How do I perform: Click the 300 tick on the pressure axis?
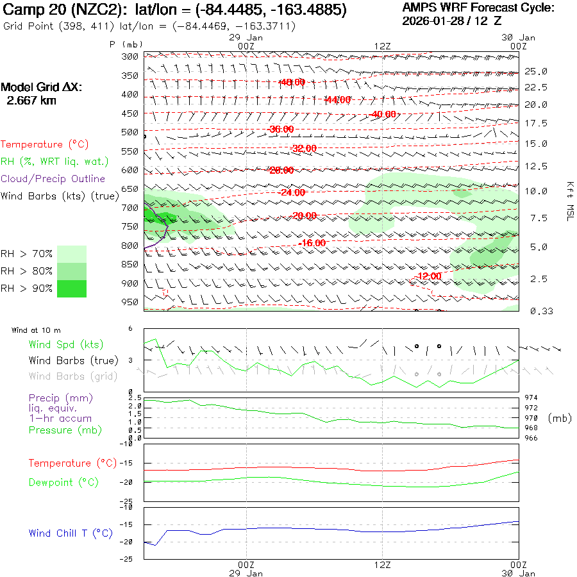pyautogui.click(x=131, y=56)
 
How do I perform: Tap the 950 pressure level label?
pyautogui.click(x=131, y=302)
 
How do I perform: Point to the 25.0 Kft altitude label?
pyautogui.click(x=536, y=71)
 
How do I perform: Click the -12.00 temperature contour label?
pyautogui.click(x=428, y=276)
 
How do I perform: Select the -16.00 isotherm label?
pyautogui.click(x=313, y=244)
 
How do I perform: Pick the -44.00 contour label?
pyautogui.click(x=338, y=100)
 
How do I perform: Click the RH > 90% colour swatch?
pyautogui.click(x=72, y=288)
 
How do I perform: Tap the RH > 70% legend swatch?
pyautogui.click(x=72, y=254)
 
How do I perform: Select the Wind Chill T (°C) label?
pyautogui.click(x=71, y=533)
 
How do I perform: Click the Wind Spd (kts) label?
pyautogui.click(x=65, y=345)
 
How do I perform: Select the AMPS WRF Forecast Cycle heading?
pyautogui.click(x=478, y=8)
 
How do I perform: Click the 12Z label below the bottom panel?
pyautogui.click(x=382, y=565)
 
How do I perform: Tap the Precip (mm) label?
pyautogui.click(x=55, y=398)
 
